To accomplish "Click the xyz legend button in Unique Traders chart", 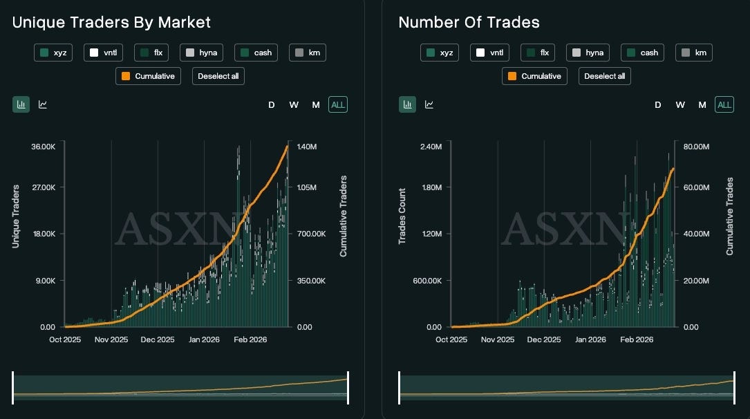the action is tap(53, 53).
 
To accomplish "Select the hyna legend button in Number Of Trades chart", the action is tap(588, 53).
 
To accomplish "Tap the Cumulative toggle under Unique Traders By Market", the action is tap(149, 76).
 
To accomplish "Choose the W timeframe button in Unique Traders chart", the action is tap(294, 105).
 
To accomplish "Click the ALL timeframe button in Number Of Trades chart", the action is tap(724, 105).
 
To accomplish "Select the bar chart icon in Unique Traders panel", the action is tap(21, 104).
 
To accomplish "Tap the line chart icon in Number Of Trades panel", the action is tap(429, 104).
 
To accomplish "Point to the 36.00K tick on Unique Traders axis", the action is tap(44, 147).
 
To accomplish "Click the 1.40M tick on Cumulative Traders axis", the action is tap(307, 147).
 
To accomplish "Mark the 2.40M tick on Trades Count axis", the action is tap(431, 147).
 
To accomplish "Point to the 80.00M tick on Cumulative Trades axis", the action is tap(697, 147).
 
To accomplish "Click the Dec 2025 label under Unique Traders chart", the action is tap(158, 339).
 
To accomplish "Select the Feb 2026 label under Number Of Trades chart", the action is tap(637, 339).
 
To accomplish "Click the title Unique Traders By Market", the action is tap(111, 23).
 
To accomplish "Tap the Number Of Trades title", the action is tap(469, 23).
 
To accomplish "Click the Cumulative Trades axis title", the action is tap(729, 216).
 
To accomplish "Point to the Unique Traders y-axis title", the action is tap(16, 216).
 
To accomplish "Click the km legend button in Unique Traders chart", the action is tap(308, 53).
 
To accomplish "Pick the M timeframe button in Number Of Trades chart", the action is tap(702, 105).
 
